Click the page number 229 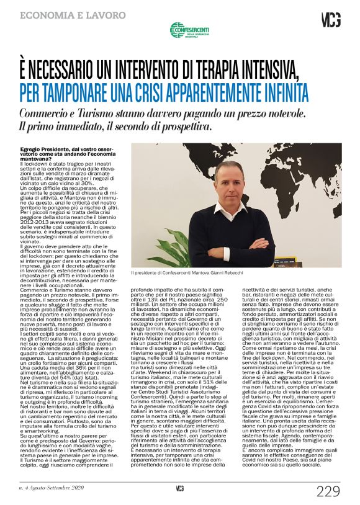click(328, 491)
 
